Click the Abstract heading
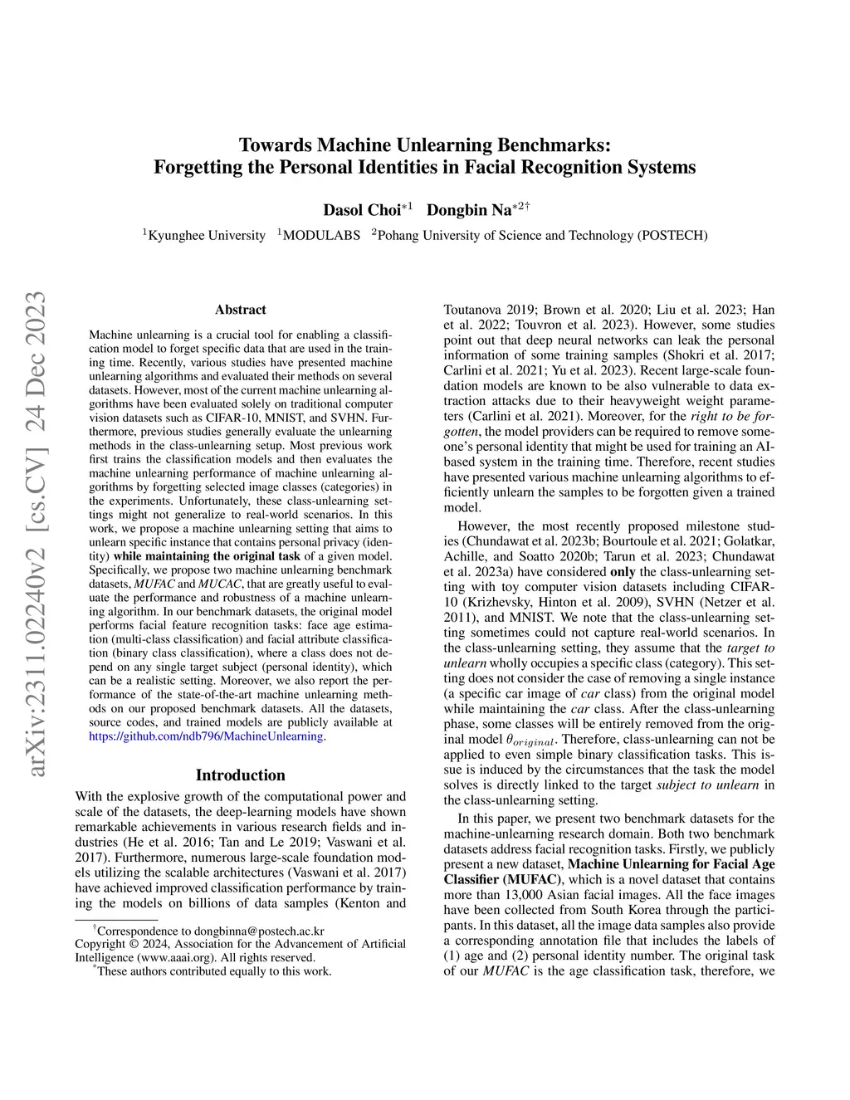pos(240,310)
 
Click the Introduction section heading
pos(240,775)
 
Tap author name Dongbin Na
pos(469,209)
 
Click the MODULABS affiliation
pos(321,236)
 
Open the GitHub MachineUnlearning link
pos(207,736)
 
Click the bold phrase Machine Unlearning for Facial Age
pos(671,864)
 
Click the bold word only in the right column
pos(623,572)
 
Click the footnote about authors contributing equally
pos(213,971)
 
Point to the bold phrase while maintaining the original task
pos(207,556)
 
